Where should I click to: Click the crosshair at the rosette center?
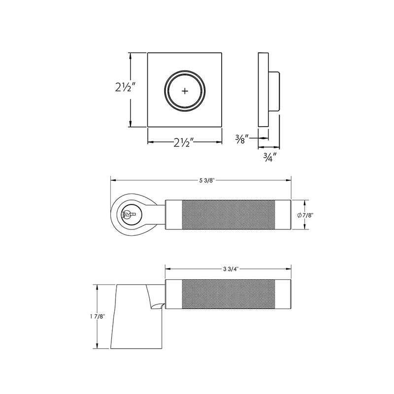[x=185, y=91]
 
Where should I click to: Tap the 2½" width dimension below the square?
[x=185, y=143]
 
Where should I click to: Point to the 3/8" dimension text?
[x=241, y=139]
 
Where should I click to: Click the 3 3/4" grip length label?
[x=228, y=269]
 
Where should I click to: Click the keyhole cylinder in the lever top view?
[x=129, y=214]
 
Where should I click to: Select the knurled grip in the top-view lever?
[x=228, y=215]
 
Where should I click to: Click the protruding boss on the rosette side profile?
[x=274, y=91]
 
